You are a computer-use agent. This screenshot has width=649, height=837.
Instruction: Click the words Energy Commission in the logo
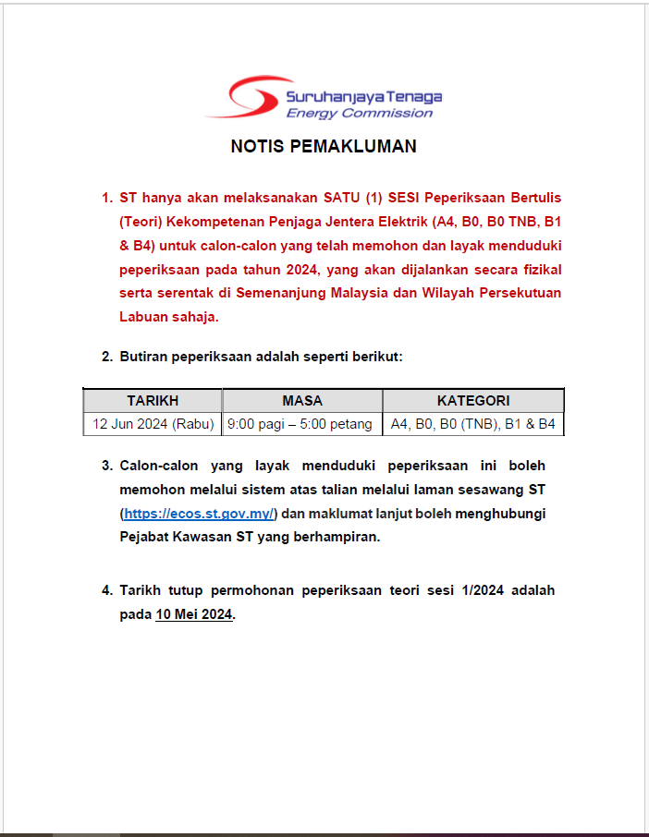[360, 114]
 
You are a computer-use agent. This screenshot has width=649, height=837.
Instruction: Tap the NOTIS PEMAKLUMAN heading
[324, 147]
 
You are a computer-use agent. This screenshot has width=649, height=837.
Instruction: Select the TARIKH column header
[153, 401]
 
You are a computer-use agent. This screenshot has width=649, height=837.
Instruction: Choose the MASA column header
[302, 401]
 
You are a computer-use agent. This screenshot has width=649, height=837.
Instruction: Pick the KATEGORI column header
[473, 401]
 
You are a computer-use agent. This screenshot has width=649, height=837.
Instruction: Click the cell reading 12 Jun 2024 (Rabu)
[153, 424]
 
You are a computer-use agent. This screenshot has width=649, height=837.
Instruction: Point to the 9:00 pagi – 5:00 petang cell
[302, 424]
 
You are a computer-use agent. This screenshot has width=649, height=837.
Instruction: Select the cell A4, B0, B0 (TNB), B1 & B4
[473, 424]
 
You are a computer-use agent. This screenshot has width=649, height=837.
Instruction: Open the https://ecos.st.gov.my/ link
[200, 514]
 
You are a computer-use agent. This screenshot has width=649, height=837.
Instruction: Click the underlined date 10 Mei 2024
[194, 615]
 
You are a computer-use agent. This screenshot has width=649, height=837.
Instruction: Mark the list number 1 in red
[105, 198]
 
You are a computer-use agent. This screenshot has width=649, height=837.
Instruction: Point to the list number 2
[105, 357]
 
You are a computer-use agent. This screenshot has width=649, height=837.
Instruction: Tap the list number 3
[105, 466]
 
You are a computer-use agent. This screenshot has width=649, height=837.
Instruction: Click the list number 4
[105, 590]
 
